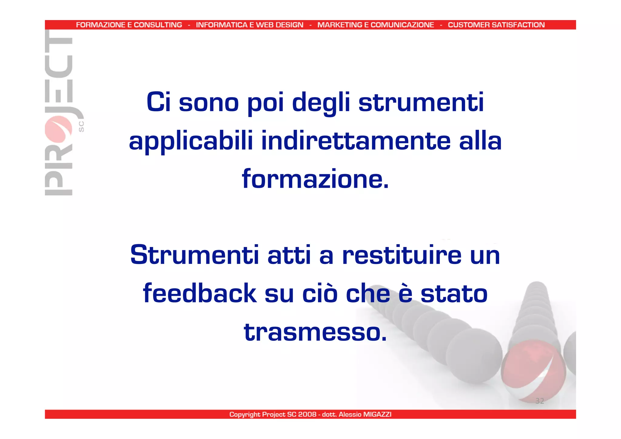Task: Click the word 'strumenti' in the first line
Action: coord(421,102)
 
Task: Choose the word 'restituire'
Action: coord(401,255)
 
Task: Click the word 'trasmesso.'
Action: coord(315,332)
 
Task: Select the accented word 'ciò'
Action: coord(320,293)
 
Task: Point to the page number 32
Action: coord(539,401)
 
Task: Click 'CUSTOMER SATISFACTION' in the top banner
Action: coord(496,25)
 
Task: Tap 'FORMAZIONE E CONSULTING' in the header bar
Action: coord(129,25)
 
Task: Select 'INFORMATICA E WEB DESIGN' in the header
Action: coord(250,25)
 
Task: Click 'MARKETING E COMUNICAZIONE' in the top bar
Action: coord(376,25)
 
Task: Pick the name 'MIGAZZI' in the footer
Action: coord(377,414)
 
